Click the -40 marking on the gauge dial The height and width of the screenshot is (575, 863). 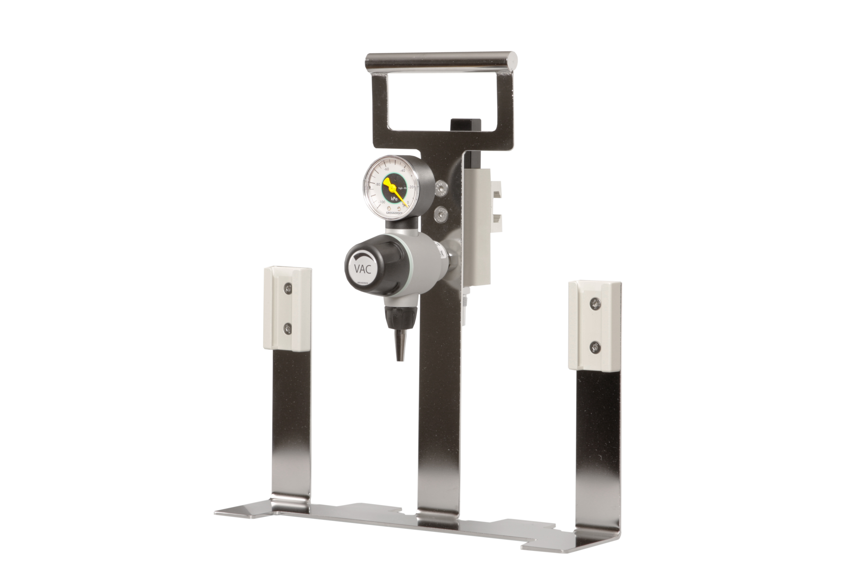(402, 171)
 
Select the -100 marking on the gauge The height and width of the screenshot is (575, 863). (382, 202)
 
